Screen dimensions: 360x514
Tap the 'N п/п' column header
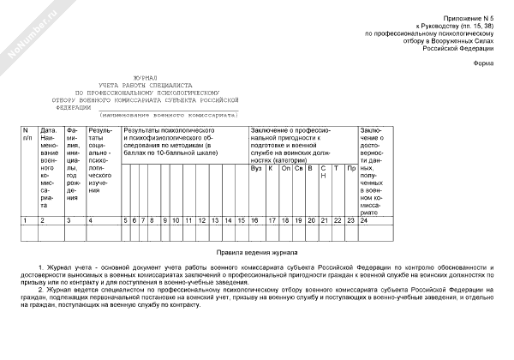[x=27, y=133]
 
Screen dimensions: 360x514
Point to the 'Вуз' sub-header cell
[x=255, y=167]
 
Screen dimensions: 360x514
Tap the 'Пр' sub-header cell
[x=350, y=167]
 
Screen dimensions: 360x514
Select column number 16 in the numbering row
[x=255, y=221]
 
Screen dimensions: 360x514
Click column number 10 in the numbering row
[x=175, y=221]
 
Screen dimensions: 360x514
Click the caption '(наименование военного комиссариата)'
[x=168, y=114]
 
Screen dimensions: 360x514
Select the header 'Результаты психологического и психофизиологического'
[x=176, y=137]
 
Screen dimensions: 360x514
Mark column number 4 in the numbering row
[x=91, y=221]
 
